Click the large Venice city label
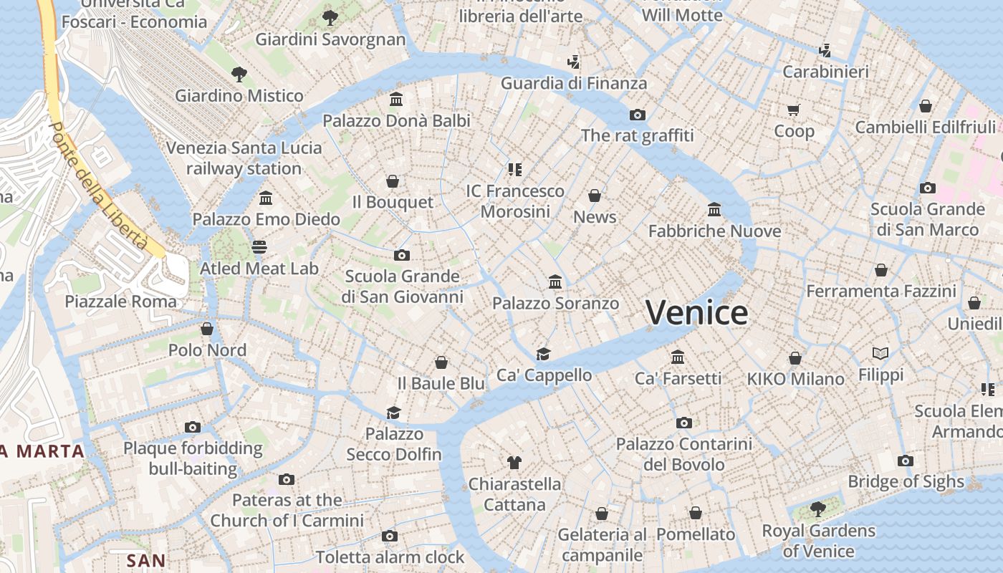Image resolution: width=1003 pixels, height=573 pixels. tap(696, 313)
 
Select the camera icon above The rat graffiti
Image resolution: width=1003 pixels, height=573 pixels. tap(638, 115)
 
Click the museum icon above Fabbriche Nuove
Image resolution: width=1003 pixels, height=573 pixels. tap(714, 210)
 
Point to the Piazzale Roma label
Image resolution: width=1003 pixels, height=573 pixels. tap(120, 302)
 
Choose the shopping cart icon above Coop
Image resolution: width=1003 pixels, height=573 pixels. tap(793, 110)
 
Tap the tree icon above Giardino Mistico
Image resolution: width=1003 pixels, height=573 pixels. tap(239, 73)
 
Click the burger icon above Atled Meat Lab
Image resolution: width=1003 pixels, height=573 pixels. tap(259, 247)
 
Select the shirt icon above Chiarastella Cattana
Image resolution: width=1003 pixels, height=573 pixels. tap(514, 462)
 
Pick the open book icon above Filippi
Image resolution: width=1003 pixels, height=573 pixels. tap(880, 353)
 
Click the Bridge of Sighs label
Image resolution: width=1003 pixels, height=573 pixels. tap(906, 481)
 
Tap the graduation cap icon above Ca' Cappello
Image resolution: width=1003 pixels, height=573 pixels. tap(544, 354)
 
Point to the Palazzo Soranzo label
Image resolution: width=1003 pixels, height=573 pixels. tap(555, 304)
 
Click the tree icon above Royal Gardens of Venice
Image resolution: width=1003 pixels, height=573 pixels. tap(817, 509)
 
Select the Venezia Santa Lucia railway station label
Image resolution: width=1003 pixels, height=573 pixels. tap(244, 158)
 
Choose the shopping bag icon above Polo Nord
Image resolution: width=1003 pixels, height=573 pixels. tap(207, 329)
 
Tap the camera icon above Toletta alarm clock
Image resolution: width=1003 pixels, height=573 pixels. tap(390, 536)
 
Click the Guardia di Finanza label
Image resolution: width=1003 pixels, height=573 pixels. tap(573, 83)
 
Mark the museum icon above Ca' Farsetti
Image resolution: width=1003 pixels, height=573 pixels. tap(678, 357)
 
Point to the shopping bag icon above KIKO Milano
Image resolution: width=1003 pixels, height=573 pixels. tap(795, 358)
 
